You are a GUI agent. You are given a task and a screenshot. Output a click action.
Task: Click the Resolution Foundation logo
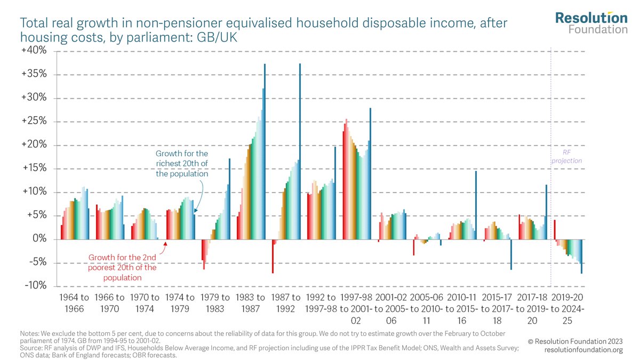(x=591, y=22)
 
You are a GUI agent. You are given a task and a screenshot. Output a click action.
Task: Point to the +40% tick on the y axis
(x=35, y=51)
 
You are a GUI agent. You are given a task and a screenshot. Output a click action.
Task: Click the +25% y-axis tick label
(x=35, y=122)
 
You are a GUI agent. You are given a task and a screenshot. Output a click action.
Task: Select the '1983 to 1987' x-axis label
(x=251, y=302)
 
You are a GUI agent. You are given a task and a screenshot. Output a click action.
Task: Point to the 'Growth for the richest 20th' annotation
(x=182, y=164)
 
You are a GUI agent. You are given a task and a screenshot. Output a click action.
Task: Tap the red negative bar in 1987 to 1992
(x=273, y=256)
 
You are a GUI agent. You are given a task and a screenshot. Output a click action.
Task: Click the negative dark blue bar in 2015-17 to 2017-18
(x=511, y=254)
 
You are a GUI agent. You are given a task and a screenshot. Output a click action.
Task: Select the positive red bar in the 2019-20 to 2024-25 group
(x=555, y=230)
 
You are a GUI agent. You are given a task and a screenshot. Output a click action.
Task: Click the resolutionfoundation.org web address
(x=583, y=350)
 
